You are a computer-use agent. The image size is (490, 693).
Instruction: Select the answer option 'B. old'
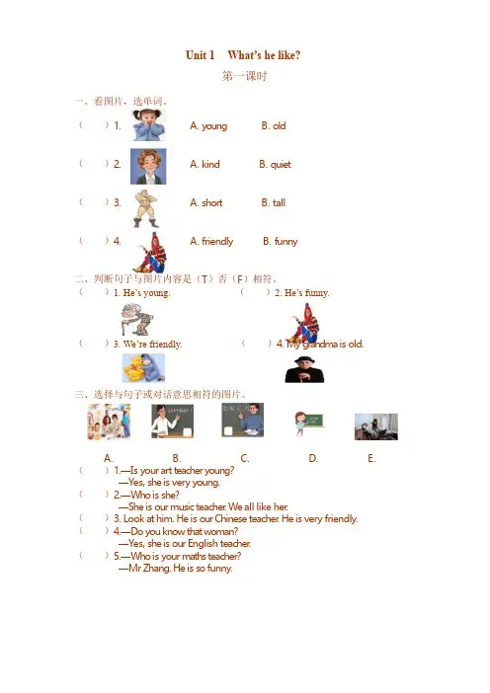tap(274, 126)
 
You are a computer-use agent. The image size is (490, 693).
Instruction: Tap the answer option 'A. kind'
tap(204, 165)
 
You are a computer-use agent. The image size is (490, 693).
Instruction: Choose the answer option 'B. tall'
tap(274, 202)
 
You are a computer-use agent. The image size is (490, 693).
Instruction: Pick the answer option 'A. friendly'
tap(211, 241)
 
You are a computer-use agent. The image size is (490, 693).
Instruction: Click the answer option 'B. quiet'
tap(275, 165)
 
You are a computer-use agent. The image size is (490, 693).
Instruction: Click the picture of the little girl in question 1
tap(148, 125)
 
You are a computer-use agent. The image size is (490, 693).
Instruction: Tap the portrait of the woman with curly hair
tap(148, 166)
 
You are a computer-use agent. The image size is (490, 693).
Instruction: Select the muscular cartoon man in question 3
tap(146, 208)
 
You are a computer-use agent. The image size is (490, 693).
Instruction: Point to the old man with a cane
tap(137, 319)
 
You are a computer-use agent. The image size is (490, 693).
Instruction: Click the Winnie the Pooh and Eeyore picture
tap(143, 368)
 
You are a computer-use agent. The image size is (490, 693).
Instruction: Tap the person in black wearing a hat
tap(304, 369)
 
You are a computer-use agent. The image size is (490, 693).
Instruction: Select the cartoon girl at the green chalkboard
tap(309, 423)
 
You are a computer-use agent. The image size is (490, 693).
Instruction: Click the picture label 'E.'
tap(371, 458)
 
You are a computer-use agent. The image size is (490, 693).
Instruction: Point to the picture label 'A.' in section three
tap(108, 458)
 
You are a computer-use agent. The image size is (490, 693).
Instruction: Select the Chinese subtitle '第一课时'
tap(245, 76)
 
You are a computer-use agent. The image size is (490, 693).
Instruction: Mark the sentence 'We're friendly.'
tap(152, 345)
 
